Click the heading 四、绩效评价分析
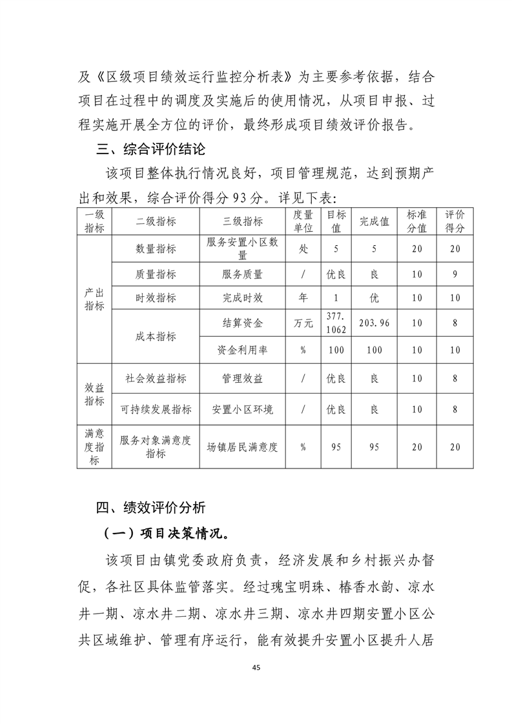(150, 507)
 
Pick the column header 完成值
(374, 221)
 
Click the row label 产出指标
(94, 299)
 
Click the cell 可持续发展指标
(156, 409)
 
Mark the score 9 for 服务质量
(455, 274)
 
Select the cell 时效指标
(156, 298)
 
